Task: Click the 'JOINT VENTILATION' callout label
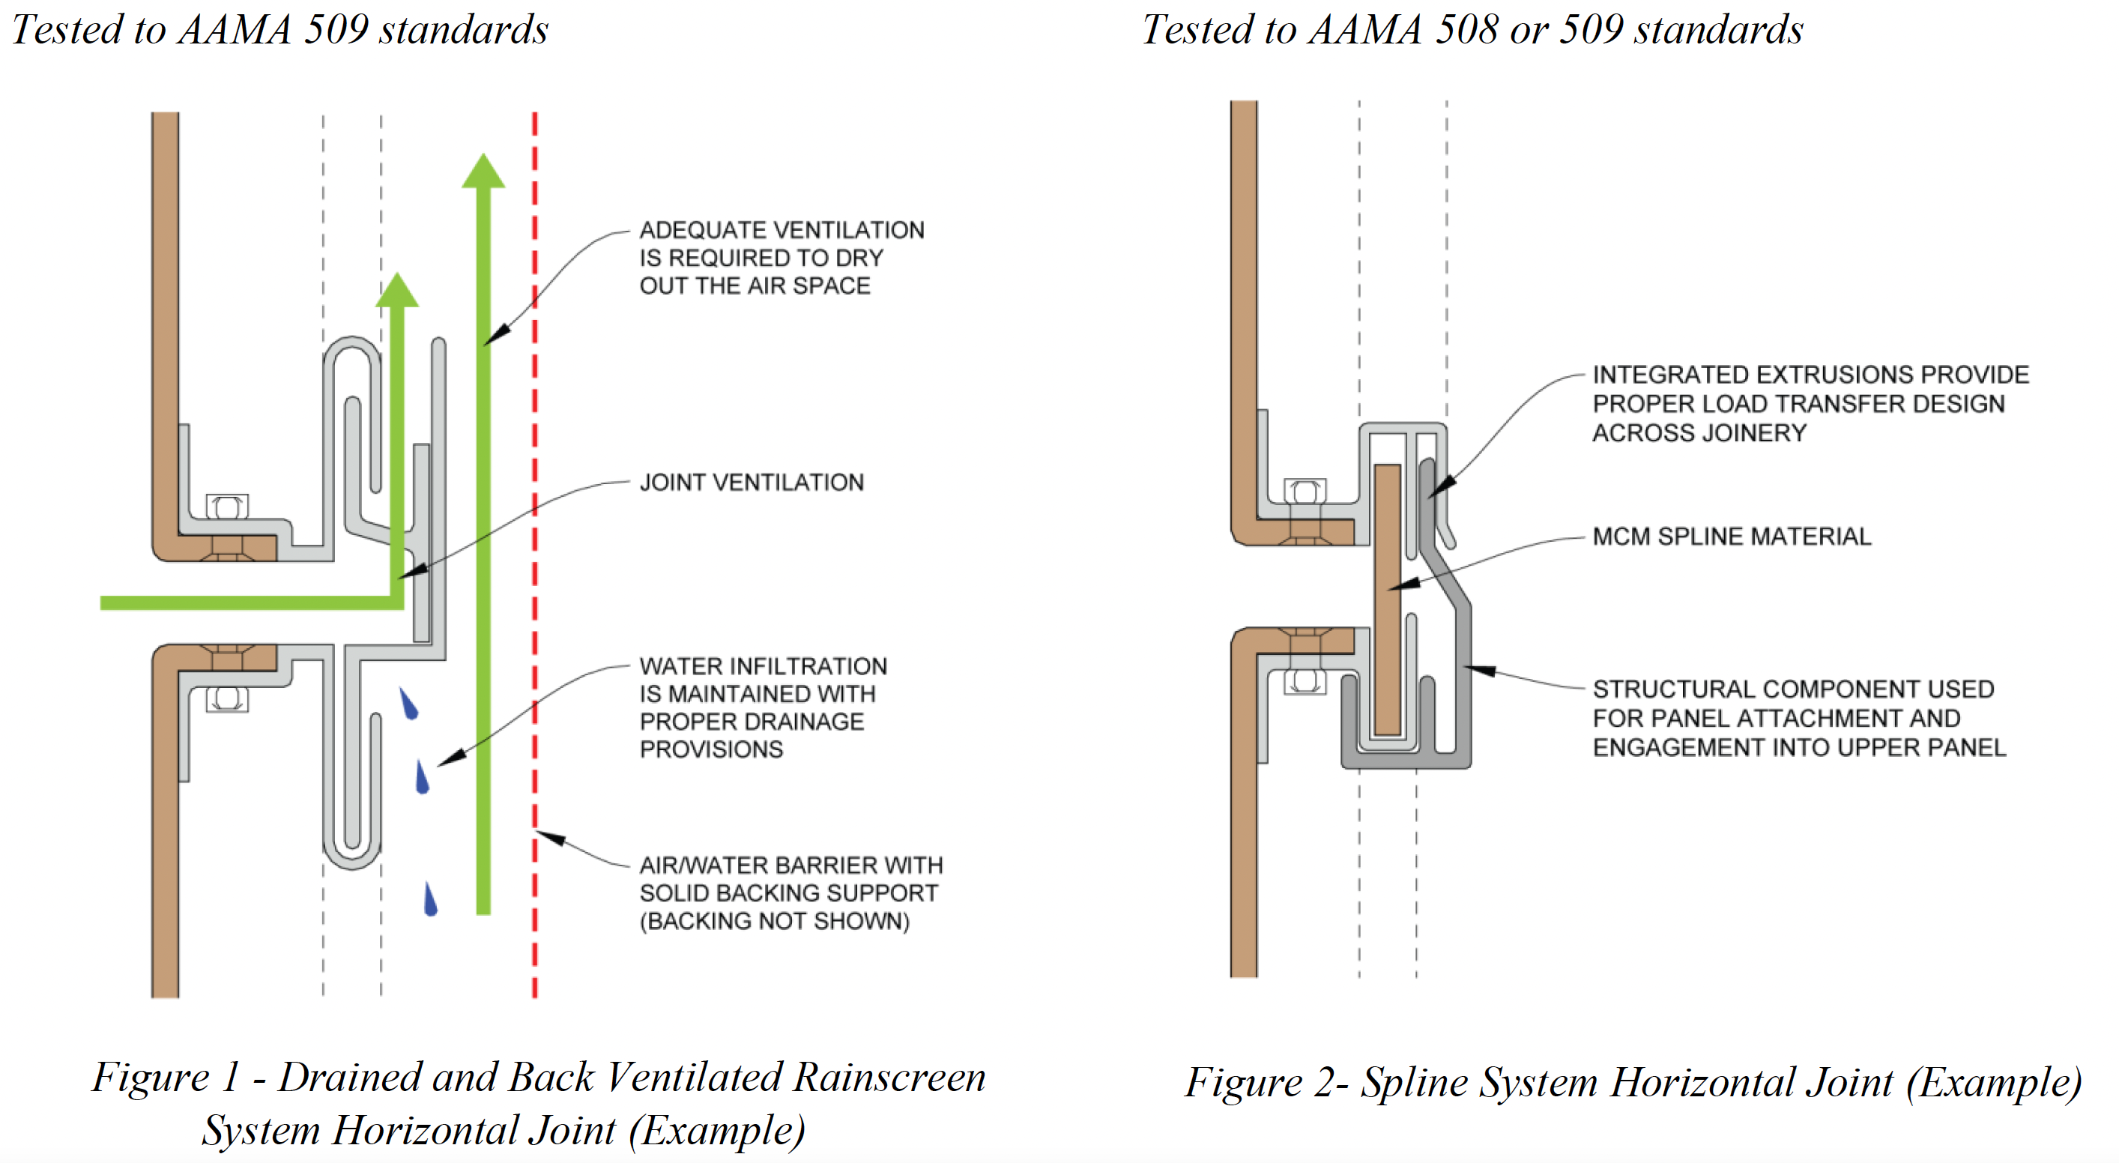click(752, 482)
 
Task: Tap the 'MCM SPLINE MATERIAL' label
click(1732, 537)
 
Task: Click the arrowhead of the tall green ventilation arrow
click(483, 170)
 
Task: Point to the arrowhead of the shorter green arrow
click(397, 289)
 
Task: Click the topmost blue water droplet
click(409, 703)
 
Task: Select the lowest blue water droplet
click(430, 899)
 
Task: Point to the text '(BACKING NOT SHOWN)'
click(775, 920)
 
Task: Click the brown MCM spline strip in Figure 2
click(1388, 599)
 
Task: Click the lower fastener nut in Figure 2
click(1305, 682)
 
